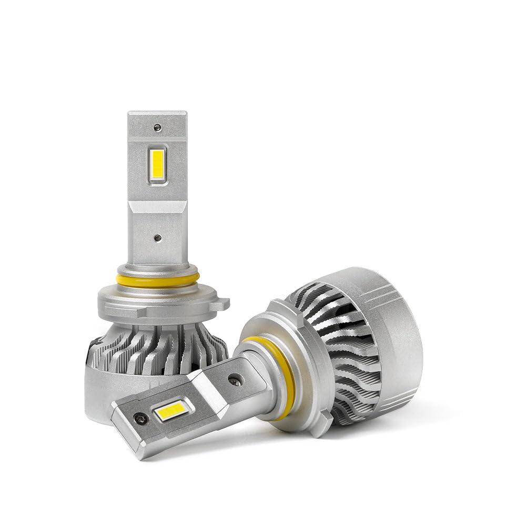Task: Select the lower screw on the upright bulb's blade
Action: pos(158,237)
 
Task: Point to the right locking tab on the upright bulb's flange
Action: pos(223,304)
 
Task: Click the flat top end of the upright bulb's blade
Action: pos(157,114)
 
